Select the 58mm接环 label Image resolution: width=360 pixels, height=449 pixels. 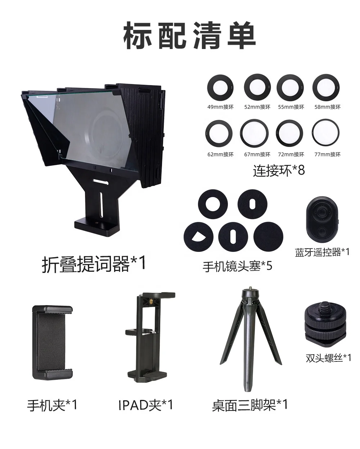tap(327, 107)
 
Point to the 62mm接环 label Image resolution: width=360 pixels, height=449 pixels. tap(221, 155)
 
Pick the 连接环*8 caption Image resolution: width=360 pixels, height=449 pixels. tap(279, 170)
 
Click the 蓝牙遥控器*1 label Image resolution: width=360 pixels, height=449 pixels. tap(322, 252)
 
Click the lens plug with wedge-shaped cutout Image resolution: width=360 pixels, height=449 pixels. tap(198, 237)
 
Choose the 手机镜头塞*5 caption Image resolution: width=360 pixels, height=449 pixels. tap(237, 266)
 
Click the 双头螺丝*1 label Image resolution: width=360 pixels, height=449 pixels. tap(328, 358)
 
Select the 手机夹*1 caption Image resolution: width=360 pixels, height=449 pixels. tap(52, 405)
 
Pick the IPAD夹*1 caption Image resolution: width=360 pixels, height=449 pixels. tap(146, 405)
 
